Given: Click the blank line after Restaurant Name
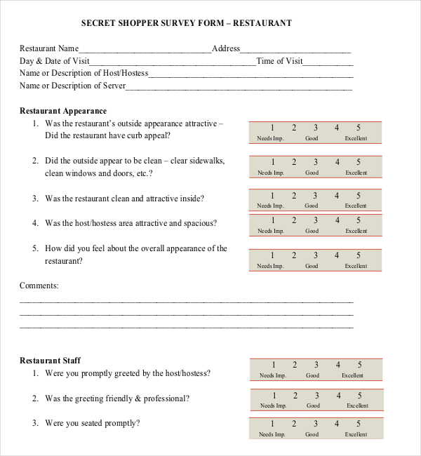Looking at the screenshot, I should [145, 50].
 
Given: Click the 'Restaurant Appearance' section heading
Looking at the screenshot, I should [63, 111].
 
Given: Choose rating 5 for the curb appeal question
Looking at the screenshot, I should [358, 128].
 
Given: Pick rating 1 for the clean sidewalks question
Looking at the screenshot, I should [272, 162].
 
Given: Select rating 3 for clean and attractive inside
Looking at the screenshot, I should [315, 196].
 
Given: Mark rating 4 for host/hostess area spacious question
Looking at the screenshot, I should [337, 221].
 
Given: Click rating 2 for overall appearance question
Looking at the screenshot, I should [294, 255].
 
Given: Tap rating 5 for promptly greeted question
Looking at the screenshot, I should [359, 365].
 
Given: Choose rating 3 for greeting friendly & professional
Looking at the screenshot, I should [316, 395].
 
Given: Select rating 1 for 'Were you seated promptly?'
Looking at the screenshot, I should [274, 424].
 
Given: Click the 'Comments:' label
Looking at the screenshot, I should [39, 286].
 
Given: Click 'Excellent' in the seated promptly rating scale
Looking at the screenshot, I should [356, 434].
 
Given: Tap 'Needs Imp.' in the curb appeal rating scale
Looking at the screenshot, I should [270, 138].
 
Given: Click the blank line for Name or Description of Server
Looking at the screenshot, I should [239, 88].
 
